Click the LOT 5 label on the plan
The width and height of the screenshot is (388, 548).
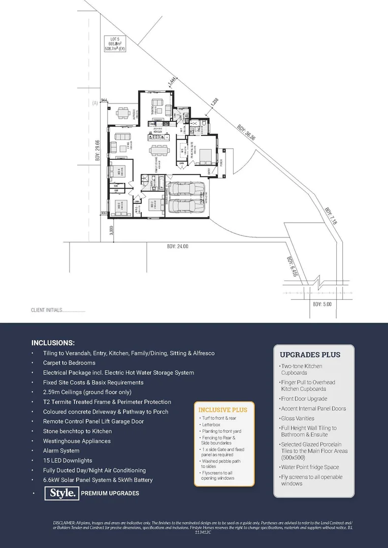coord(115,39)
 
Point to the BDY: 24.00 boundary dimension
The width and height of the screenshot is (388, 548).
coord(177,246)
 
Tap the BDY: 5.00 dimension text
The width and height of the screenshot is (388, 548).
coord(322,304)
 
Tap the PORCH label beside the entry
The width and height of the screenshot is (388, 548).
coord(221,162)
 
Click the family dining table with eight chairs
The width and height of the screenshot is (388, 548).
coord(158,150)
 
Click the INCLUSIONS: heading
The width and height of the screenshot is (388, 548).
coord(53,342)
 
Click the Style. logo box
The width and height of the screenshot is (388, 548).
coord(63,493)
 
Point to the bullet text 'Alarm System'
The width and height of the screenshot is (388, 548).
coord(61,451)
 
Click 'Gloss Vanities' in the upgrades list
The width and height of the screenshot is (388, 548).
coord(298,418)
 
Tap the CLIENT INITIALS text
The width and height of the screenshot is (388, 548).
coord(58,310)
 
